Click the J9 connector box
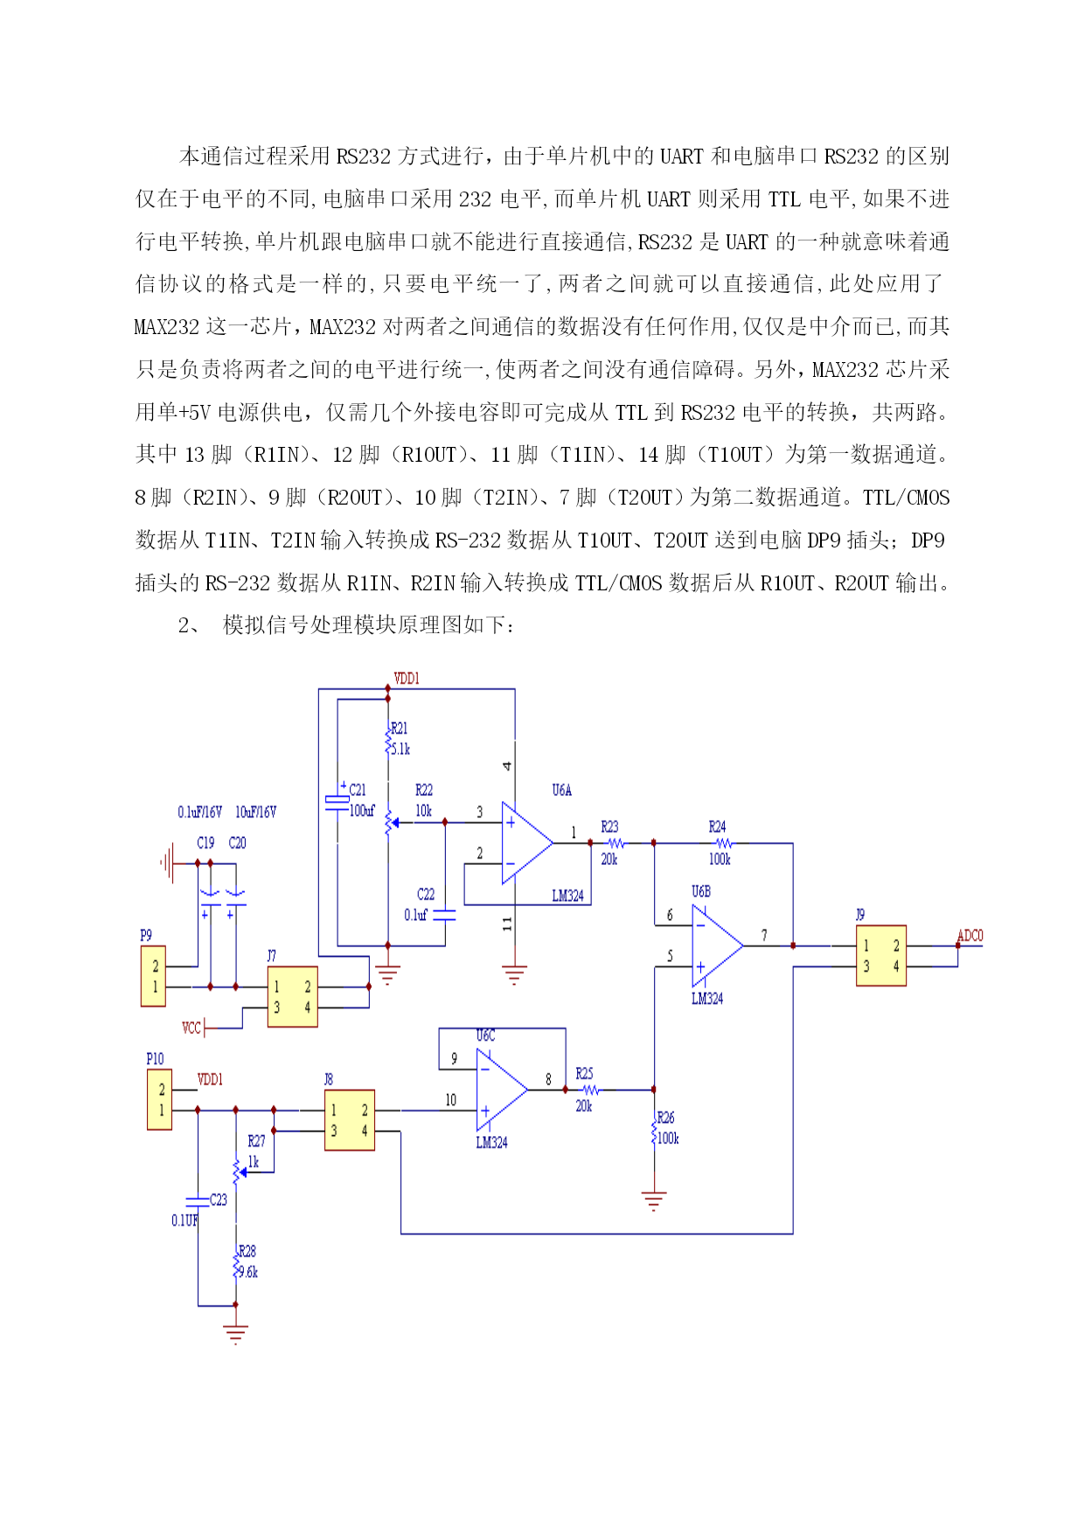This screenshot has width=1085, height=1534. pyautogui.click(x=880, y=956)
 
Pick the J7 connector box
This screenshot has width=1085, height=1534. pyautogui.click(x=292, y=997)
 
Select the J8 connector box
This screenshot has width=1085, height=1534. pyautogui.click(x=350, y=1120)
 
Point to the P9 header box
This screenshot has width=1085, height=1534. pyautogui.click(x=153, y=976)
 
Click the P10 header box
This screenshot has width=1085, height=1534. pyautogui.click(x=159, y=1099)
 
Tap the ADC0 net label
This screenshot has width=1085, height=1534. pyautogui.click(x=970, y=936)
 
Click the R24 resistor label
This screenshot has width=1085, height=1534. pyautogui.click(x=717, y=826)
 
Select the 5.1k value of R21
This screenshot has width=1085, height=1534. pyautogui.click(x=400, y=750)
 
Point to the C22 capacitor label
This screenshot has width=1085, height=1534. pyautogui.click(x=426, y=895)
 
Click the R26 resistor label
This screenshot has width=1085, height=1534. pyautogui.click(x=665, y=1118)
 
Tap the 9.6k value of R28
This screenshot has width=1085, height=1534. pyautogui.click(x=248, y=1273)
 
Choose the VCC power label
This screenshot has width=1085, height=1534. pyautogui.click(x=191, y=1028)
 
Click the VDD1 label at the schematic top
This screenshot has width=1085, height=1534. pyautogui.click(x=407, y=679)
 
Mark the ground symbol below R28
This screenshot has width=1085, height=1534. pyautogui.click(x=235, y=1335)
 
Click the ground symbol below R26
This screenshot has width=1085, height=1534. pyautogui.click(x=654, y=1201)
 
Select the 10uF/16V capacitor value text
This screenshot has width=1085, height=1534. pyautogui.click(x=255, y=812)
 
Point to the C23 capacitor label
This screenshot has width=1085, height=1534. pyautogui.click(x=219, y=1200)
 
